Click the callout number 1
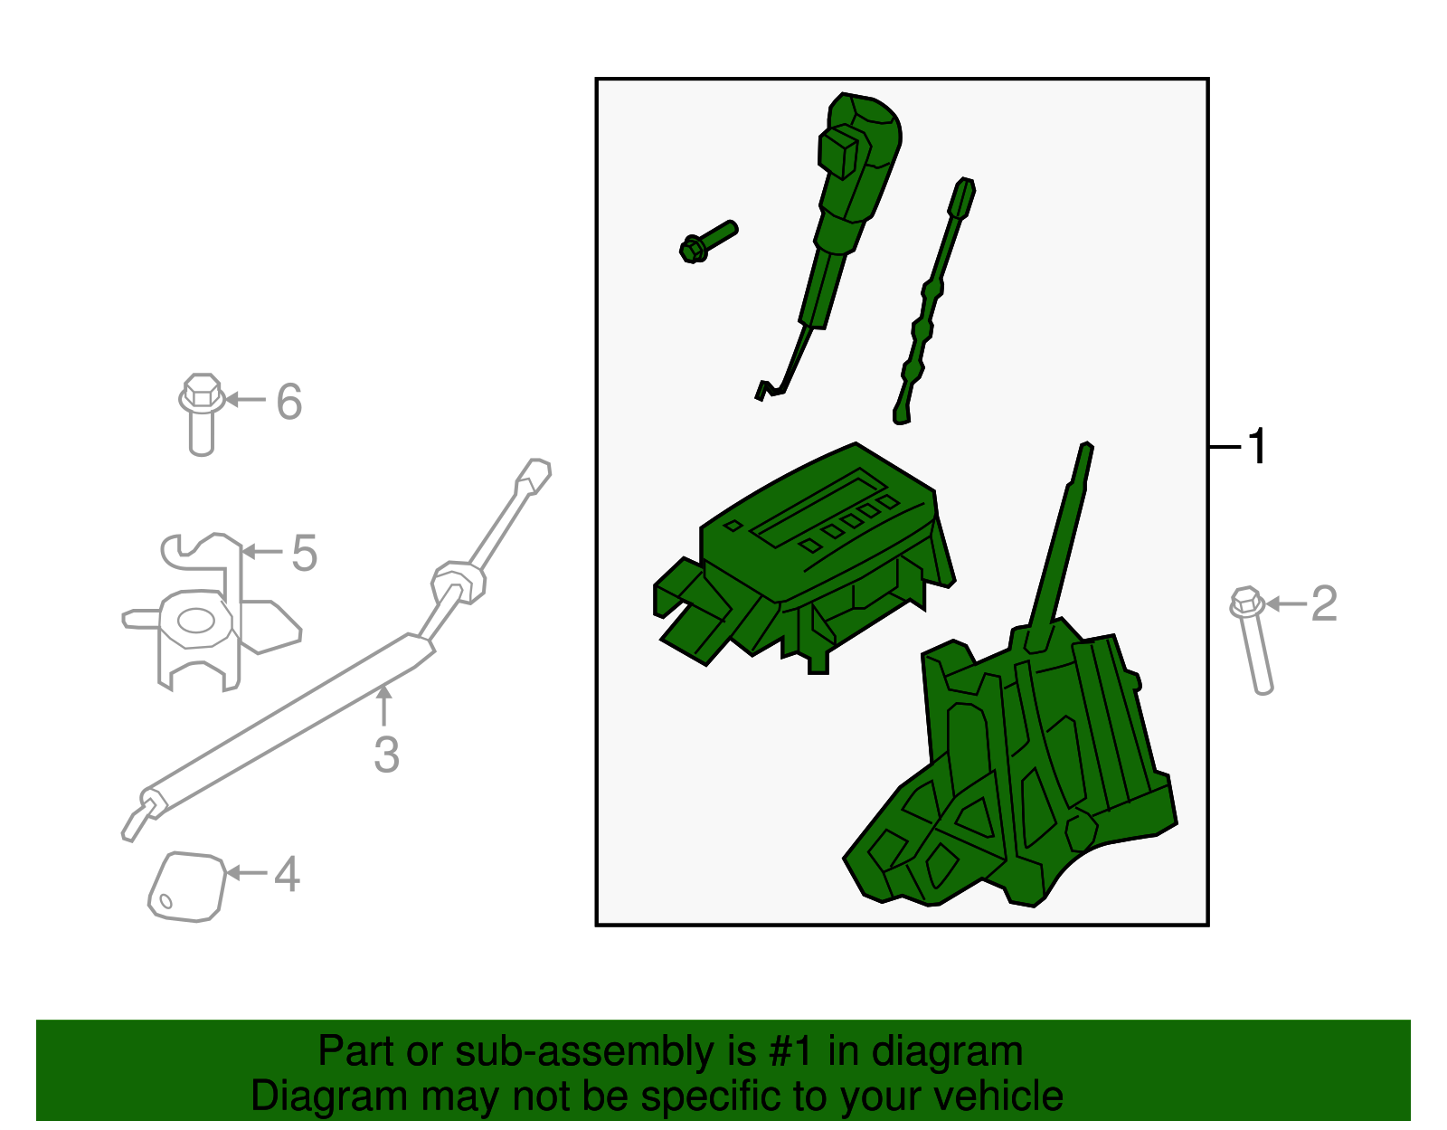pos(1257,447)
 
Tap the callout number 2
pos(1323,603)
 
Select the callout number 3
pos(386,755)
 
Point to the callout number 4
pos(287,874)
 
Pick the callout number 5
pos(304,553)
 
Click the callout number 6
pos(288,401)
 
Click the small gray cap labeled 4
pos(186,888)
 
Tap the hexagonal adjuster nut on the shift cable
pos(459,583)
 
